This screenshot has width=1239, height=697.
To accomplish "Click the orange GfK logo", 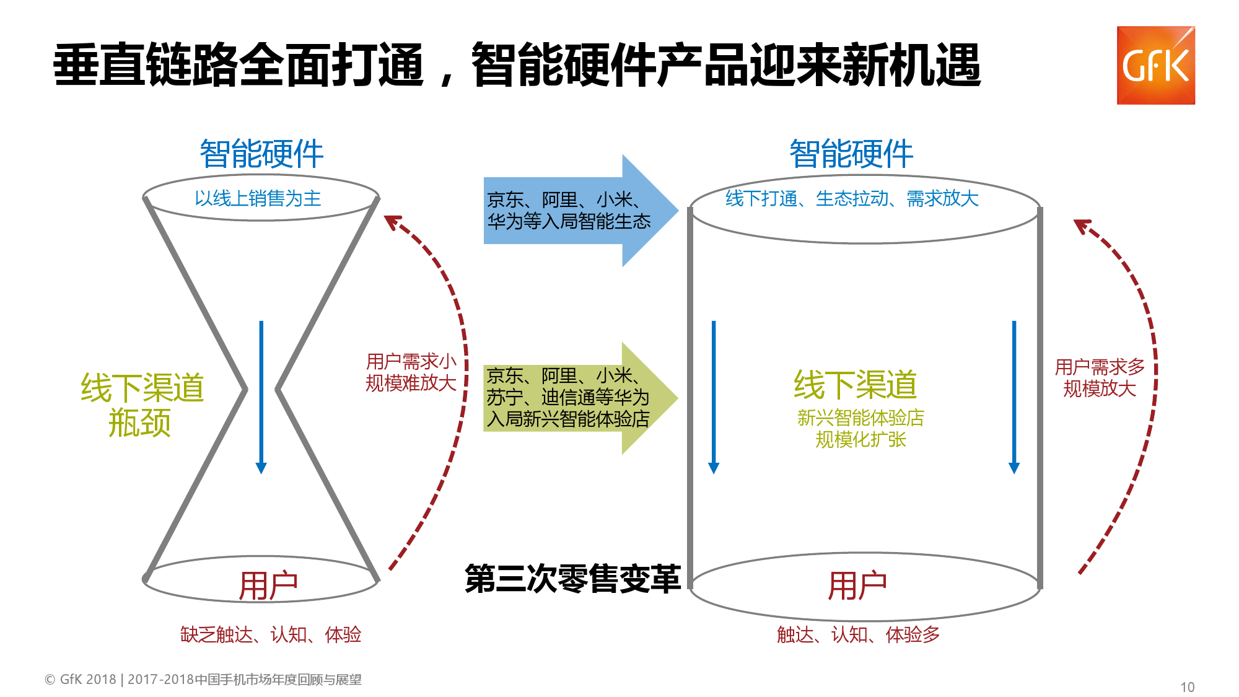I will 1155,65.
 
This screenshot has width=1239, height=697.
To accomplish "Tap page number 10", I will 1187,686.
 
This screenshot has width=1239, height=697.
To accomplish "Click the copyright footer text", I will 203,679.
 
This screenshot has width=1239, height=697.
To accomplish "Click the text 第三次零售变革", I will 572,579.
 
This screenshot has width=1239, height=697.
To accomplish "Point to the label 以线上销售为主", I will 258,198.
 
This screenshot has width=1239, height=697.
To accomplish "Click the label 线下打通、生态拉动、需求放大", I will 852,198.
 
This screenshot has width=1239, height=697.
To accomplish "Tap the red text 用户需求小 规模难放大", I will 411,372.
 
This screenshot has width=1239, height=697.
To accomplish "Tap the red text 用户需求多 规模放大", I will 1100,377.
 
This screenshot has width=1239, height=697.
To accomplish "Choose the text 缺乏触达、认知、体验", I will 271,634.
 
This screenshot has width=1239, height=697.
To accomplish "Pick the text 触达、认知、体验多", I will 858,634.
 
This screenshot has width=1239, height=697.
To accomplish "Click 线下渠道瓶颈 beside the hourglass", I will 142,405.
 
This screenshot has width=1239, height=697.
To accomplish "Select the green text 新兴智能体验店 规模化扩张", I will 860,428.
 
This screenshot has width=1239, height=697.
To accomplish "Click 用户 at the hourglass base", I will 268,585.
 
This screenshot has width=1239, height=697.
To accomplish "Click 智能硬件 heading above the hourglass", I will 261,154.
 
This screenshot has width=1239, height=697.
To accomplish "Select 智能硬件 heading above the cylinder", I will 851,154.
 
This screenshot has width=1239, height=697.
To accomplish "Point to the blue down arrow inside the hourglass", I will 261,397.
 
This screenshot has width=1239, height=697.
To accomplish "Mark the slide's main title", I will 517,65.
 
